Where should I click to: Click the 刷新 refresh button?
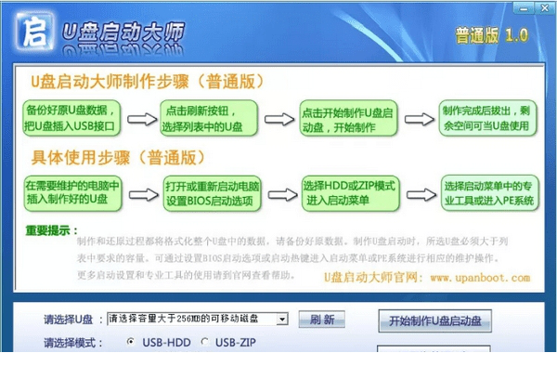coord(322,320)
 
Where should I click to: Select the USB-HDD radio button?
coord(131,343)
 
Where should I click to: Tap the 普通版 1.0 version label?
coord(491,34)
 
